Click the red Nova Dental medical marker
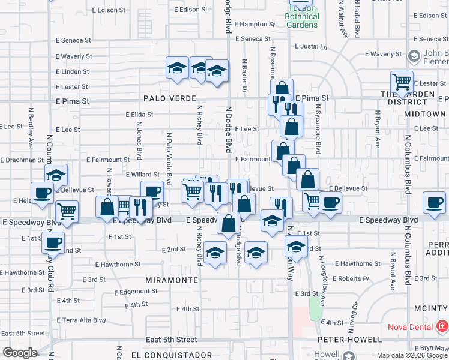(442, 327)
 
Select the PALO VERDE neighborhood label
(170, 98)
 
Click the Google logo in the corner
(20, 352)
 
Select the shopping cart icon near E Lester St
(402, 81)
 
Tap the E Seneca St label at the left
(73, 40)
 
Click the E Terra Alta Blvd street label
(82, 320)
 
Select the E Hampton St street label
(255, 25)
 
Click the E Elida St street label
(140, 114)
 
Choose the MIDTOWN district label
(424, 113)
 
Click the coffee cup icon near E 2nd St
(53, 242)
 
